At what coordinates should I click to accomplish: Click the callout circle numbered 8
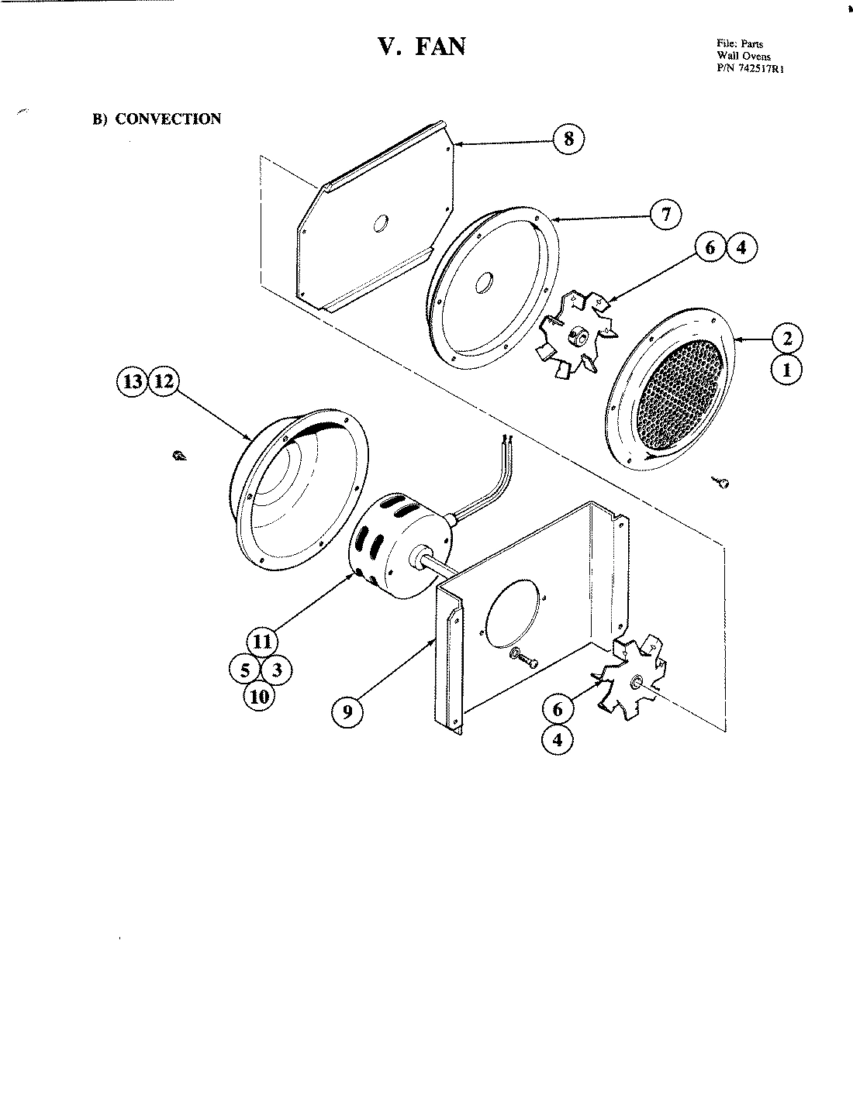[568, 139]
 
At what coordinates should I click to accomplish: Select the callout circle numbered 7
[665, 214]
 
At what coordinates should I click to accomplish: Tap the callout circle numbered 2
[787, 339]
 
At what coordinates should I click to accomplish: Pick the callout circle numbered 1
[787, 370]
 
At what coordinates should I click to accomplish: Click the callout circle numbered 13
[133, 381]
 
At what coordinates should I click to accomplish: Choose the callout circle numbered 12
[164, 381]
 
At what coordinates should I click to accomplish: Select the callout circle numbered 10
[259, 696]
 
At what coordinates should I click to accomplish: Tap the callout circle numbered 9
[347, 711]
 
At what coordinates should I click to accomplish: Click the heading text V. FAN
[422, 46]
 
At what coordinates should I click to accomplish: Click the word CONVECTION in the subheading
[167, 119]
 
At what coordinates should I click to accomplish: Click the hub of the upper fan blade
[577, 335]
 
